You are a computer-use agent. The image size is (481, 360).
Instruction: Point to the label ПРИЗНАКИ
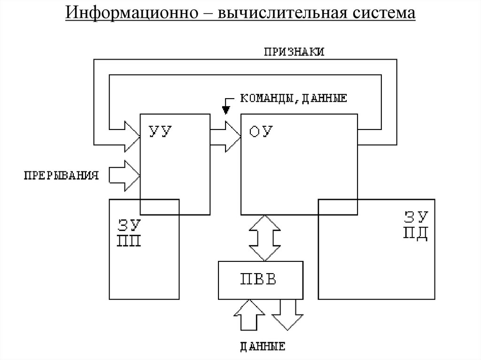294,52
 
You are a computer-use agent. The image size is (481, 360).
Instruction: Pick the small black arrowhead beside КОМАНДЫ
226,109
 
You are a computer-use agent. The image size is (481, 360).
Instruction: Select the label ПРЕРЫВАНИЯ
62,176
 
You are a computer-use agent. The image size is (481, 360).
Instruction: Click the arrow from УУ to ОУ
226,137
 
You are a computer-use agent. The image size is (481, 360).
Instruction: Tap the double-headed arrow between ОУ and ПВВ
264,237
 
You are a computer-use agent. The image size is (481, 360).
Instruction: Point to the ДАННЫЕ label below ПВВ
263,347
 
